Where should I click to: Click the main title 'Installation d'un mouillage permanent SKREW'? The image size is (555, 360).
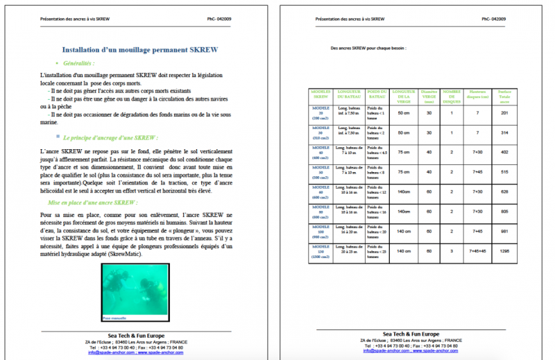[x=140, y=51]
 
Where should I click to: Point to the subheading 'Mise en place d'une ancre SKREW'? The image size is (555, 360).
[x=96, y=203]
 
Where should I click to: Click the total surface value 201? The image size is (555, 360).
[x=504, y=112]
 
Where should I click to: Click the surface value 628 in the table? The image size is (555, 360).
[x=504, y=191]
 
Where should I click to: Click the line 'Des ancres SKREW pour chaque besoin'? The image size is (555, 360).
[x=368, y=49]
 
